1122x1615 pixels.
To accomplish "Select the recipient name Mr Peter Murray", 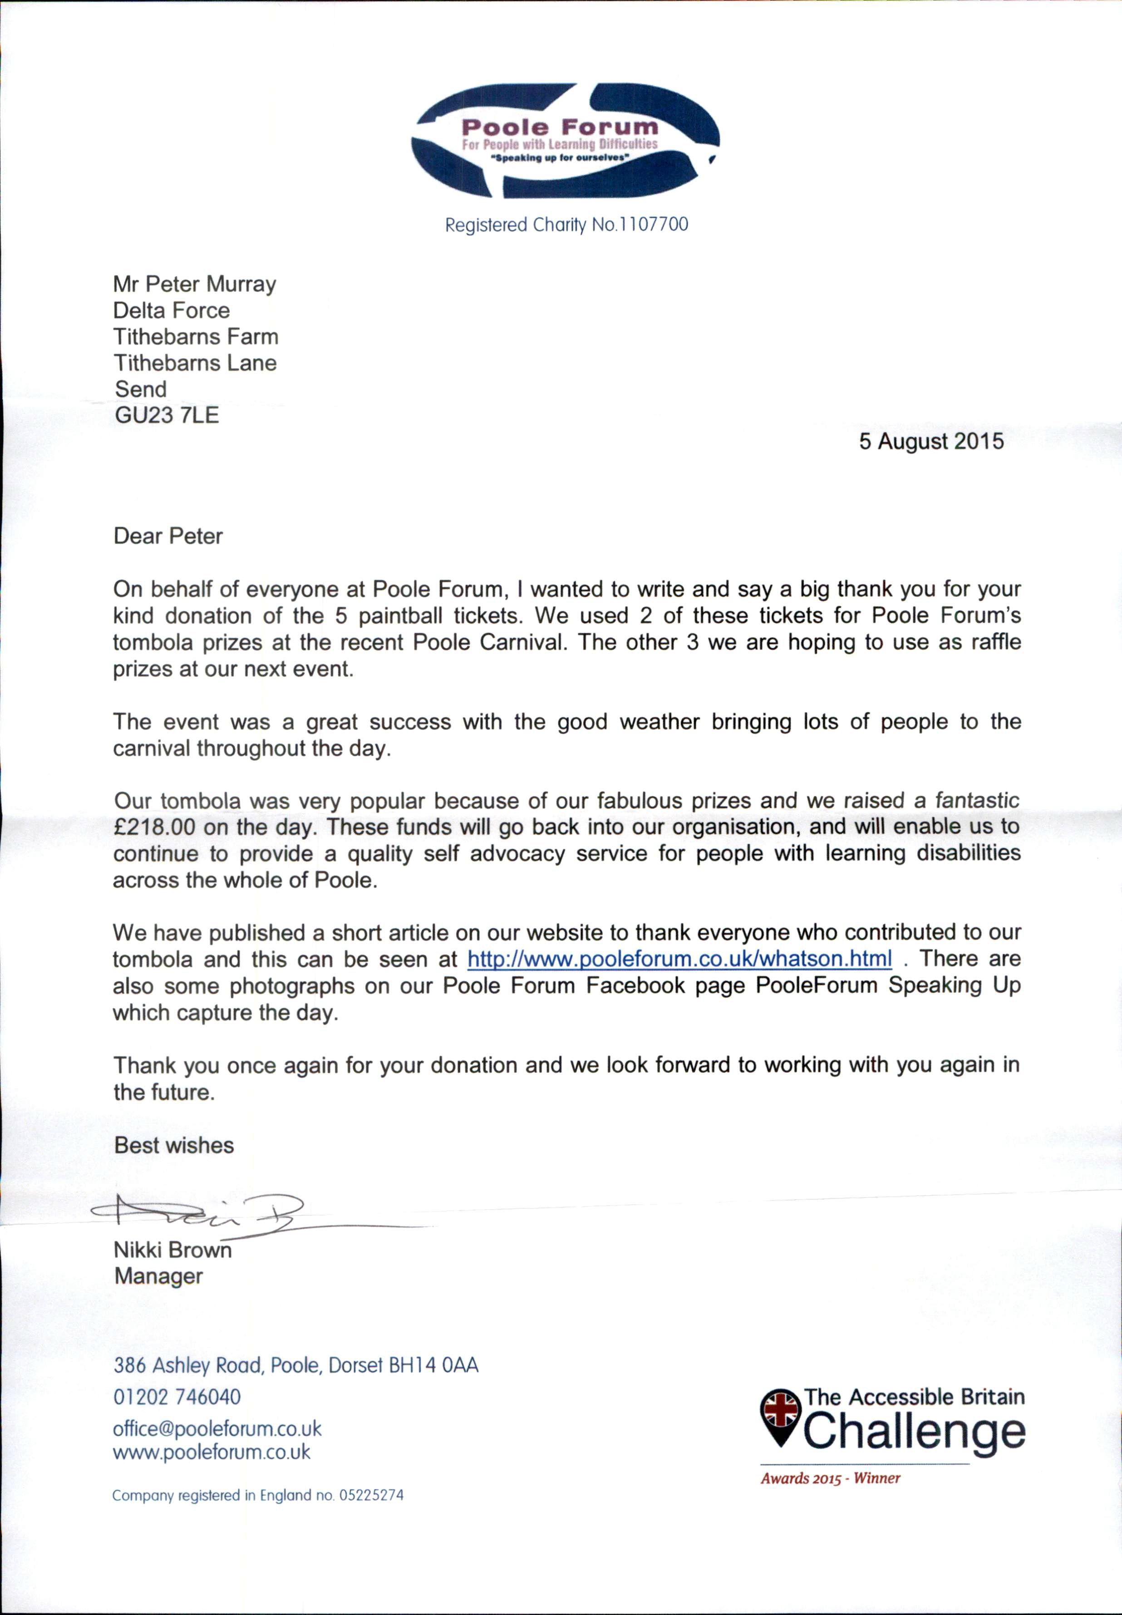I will pos(195,284).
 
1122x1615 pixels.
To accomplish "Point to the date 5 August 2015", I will pos(931,442).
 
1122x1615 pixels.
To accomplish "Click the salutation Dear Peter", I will pos(168,537).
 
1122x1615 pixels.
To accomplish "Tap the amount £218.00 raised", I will pos(154,827).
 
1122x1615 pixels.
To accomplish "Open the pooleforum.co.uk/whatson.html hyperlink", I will pos(679,959).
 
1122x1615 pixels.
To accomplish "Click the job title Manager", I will pos(159,1276).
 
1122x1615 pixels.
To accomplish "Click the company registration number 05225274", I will pos(371,1496).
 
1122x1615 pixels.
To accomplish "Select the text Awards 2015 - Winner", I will pos(830,1478).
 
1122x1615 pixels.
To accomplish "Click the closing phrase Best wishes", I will pos(174,1145).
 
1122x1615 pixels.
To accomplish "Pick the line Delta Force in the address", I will pos(172,311).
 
